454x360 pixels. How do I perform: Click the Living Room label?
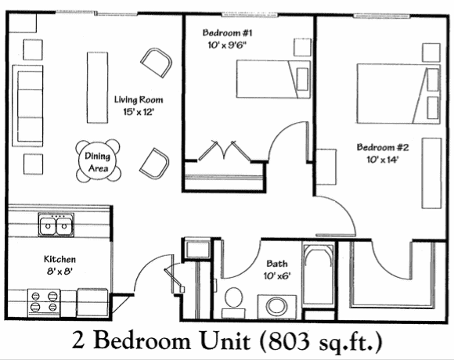coord(139,100)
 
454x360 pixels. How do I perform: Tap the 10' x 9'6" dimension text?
coord(229,45)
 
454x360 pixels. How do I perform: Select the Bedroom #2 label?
coord(383,147)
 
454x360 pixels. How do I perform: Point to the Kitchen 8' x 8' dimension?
coord(59,272)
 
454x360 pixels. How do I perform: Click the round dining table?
coord(98,162)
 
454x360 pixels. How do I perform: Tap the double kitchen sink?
coord(56,225)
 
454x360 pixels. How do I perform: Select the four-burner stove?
coord(44,303)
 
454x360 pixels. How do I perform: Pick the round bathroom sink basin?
coord(276,307)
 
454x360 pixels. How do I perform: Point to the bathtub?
coord(319,273)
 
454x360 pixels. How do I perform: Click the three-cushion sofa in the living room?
coord(27,106)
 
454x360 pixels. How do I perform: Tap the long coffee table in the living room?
coord(97,88)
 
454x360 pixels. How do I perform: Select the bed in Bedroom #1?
coord(273,79)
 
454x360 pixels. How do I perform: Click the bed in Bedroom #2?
coord(398,94)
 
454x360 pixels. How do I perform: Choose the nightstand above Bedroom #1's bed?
coord(303,47)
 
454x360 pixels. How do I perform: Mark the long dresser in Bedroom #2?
coord(432,173)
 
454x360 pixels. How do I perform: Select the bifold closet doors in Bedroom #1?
coord(224,150)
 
